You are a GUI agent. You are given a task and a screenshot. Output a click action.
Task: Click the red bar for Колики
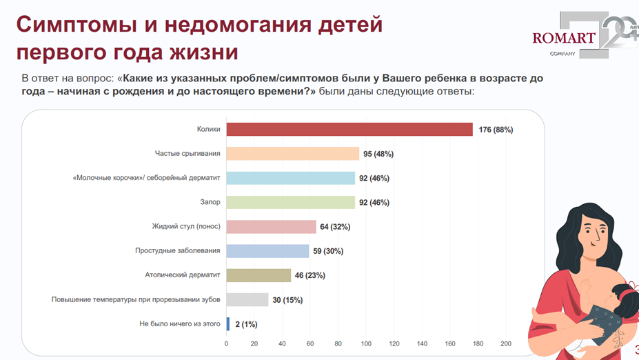(x=349, y=130)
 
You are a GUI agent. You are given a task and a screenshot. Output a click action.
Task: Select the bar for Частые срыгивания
(x=293, y=154)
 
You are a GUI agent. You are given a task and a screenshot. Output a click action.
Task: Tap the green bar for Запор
(x=291, y=203)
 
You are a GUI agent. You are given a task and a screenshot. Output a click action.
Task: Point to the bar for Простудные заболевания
(x=268, y=251)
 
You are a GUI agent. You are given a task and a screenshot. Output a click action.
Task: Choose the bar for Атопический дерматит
(x=258, y=275)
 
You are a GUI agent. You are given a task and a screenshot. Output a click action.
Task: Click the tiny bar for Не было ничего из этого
(x=228, y=323)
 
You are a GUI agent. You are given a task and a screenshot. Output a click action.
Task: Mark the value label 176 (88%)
(x=495, y=130)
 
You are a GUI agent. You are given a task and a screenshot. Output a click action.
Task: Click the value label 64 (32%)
(x=336, y=227)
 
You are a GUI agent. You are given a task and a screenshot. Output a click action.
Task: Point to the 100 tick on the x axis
(x=366, y=343)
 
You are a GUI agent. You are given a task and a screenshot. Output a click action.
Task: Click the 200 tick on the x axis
(x=505, y=343)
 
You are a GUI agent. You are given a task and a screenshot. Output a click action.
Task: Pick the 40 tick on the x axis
(x=282, y=343)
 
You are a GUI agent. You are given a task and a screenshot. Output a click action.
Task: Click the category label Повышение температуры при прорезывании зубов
(x=136, y=299)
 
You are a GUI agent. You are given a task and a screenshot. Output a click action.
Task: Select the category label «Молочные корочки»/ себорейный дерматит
(x=146, y=178)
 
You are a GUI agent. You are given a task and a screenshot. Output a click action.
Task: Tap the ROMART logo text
(x=563, y=37)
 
